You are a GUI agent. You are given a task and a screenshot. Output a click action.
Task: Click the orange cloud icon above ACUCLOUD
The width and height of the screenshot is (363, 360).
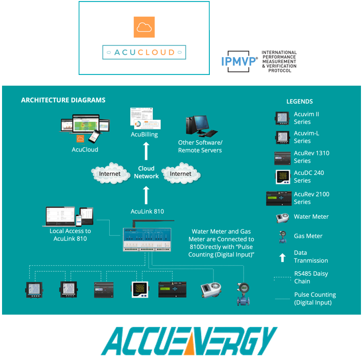point(144,27)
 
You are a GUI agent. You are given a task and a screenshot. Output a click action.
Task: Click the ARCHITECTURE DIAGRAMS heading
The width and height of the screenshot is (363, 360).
point(63,100)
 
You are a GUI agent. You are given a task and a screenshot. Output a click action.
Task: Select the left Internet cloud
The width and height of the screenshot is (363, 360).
point(110,174)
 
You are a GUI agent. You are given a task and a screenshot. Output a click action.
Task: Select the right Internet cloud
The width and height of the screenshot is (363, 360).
point(180,174)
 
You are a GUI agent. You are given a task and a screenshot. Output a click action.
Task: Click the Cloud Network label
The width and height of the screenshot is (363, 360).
point(147,172)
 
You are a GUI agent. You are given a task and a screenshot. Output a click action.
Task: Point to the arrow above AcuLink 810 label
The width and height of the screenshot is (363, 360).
point(147,194)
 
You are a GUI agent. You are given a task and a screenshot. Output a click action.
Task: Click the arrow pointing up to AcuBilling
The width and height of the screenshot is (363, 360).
point(147,150)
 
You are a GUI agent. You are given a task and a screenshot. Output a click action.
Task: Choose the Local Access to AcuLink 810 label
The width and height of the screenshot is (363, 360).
point(72,235)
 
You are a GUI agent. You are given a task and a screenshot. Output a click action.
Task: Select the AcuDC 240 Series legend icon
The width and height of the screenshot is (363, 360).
point(282,176)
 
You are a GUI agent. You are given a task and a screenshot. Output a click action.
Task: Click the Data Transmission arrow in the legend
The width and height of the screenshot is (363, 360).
point(282,257)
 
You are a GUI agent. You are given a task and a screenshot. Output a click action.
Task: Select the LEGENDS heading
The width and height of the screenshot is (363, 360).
point(300,101)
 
